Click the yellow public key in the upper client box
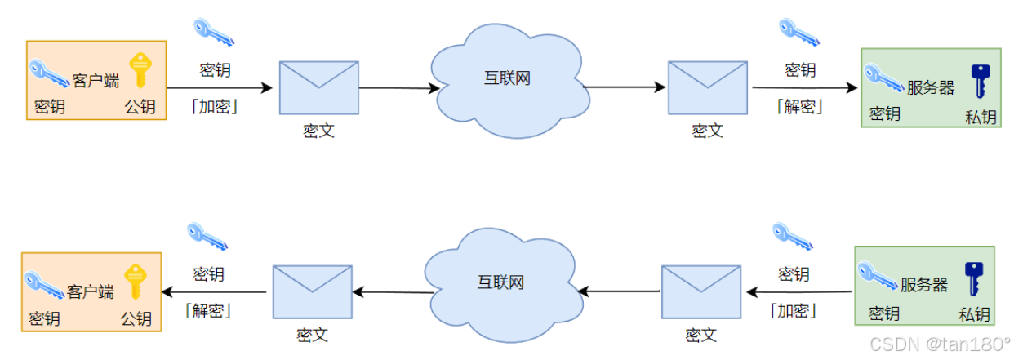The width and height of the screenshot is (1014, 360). pos(140,70)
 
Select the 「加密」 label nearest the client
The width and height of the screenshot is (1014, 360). pos(215,106)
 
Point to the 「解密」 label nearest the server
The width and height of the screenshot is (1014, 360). pos(799,106)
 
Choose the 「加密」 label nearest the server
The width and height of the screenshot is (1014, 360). pos(793,311)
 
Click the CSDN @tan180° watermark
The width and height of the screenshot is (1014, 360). pos(939,344)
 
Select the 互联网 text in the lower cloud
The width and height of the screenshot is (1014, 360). pos(500,282)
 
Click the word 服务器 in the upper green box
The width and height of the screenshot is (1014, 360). pos(931,87)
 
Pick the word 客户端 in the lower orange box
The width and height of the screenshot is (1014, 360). pos(91,291)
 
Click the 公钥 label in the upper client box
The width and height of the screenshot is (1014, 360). pos(140,107)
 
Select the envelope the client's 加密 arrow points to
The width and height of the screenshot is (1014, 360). pos(318,87)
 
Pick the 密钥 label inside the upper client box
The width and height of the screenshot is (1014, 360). pos(50,107)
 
